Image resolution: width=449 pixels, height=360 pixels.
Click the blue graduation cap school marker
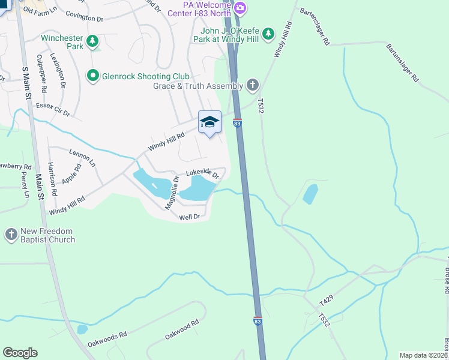pyautogui.click(x=209, y=122)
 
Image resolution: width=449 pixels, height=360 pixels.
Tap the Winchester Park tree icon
pyautogui.click(x=92, y=41)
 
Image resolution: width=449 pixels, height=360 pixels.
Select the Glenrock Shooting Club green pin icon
pyautogui.click(x=92, y=76)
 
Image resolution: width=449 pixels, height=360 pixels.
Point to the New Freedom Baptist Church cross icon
pyautogui.click(x=11, y=235)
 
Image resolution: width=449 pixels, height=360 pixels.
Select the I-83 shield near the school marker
pyautogui.click(x=238, y=124)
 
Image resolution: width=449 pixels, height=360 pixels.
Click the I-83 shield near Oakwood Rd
pyautogui.click(x=258, y=322)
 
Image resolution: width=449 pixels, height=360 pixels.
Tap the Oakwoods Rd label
pyautogui.click(x=107, y=340)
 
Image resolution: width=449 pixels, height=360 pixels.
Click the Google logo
pyautogui.click(x=20, y=352)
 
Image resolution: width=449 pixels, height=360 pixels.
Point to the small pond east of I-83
pyautogui.click(x=310, y=194)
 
